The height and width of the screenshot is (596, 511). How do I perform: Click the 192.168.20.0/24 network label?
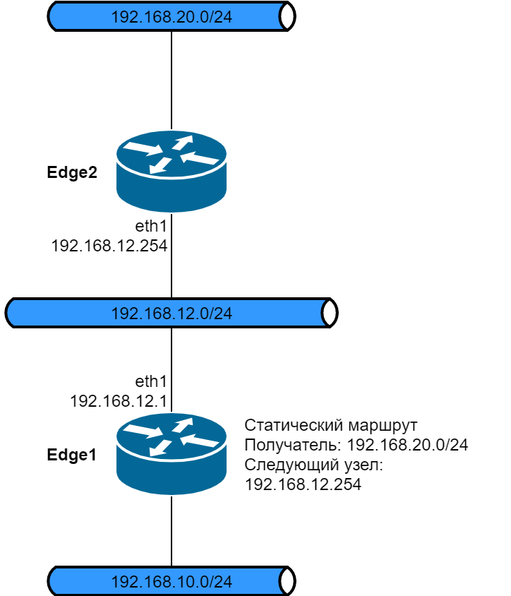point(172,17)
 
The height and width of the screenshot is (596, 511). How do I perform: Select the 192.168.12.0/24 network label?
point(172,313)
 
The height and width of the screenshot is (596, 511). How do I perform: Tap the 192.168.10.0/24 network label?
point(172,582)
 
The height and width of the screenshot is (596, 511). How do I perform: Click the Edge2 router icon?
point(172,171)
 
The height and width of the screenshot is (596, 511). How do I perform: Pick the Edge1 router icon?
point(172,453)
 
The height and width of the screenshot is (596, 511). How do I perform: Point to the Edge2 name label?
point(71,172)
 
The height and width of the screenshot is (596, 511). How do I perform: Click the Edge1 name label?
point(71,455)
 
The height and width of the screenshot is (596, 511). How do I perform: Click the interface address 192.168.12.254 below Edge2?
point(109,246)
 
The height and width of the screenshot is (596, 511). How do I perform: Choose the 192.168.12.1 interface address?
point(118,400)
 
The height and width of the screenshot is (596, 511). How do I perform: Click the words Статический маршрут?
point(331,426)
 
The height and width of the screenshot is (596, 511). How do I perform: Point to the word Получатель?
point(284,446)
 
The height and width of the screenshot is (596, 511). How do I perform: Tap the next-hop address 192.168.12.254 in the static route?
point(303,485)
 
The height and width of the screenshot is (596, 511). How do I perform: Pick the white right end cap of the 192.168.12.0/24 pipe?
point(329,313)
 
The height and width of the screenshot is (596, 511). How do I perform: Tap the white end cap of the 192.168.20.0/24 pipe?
point(287,17)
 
